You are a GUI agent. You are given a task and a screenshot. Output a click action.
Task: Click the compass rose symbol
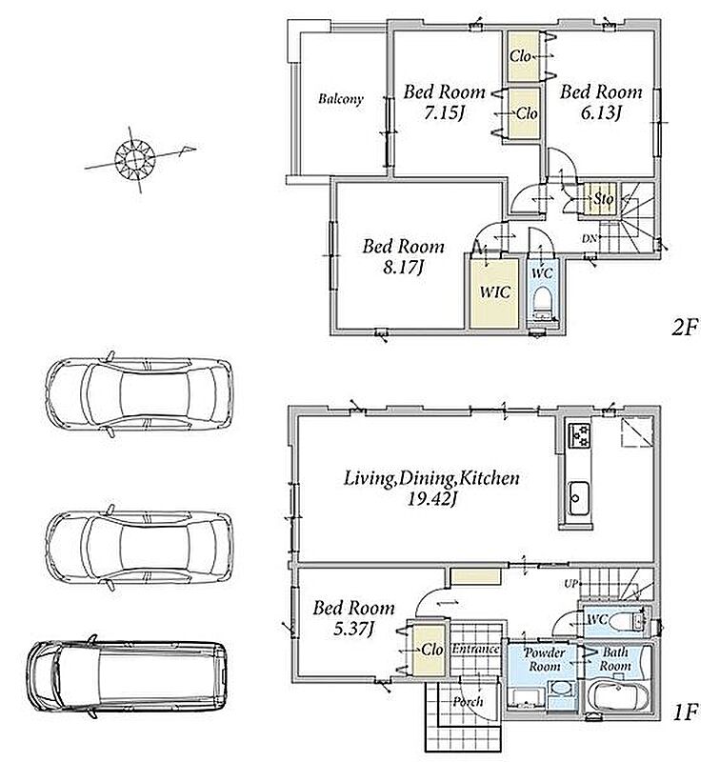[134, 158]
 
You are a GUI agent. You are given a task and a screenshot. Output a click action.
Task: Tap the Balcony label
[341, 99]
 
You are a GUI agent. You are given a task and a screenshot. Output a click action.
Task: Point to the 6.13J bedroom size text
[601, 113]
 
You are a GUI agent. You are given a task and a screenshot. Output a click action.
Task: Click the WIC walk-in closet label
[495, 292]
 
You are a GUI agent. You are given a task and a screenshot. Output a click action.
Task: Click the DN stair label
[590, 239]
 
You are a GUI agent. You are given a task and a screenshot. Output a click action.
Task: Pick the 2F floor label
[685, 328]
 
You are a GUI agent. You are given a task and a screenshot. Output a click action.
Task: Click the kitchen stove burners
[579, 436]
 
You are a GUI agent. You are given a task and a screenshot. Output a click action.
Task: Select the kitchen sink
[579, 498]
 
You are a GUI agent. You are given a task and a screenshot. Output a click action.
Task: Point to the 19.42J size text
[431, 499]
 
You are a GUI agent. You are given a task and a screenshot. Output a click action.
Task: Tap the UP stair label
[571, 583]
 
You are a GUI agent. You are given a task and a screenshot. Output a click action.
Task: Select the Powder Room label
[545, 659]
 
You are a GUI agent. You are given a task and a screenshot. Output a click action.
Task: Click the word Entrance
[475, 649]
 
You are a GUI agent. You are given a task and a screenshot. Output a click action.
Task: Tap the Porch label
[468, 702]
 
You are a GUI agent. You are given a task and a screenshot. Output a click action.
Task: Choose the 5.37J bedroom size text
[353, 630]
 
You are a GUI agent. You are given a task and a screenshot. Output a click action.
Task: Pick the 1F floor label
[685, 712]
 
